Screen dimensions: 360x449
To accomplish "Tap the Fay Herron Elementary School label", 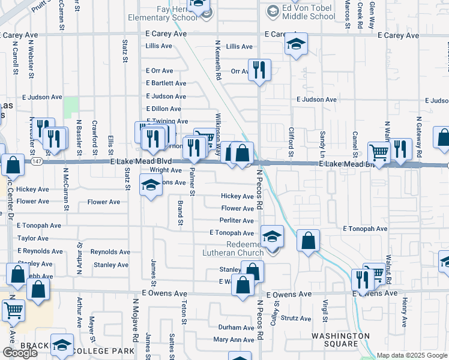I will click(x=163, y=13).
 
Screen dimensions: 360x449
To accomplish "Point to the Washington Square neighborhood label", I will click(x=341, y=340).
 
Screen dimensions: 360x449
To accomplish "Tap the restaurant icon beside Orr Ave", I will click(x=259, y=70).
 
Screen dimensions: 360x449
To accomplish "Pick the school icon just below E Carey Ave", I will click(x=296, y=44).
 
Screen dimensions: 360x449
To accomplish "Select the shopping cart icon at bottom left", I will click(x=13, y=310).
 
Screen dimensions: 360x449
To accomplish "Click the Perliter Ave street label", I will click(x=238, y=221).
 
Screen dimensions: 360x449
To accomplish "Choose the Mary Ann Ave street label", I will click(x=234, y=340).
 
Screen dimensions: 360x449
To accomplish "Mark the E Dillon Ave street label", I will click(x=163, y=109).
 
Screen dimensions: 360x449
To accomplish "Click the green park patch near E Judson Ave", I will click(x=71, y=107).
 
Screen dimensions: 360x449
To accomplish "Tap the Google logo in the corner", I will click(x=20, y=353).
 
